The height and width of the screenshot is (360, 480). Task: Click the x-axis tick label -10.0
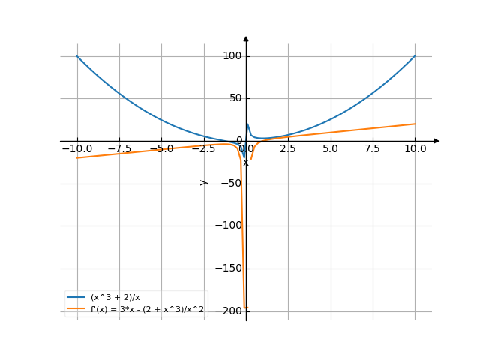(76, 149)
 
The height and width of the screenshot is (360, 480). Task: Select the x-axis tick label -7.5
(118, 149)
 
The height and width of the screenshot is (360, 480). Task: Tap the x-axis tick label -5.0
(161, 149)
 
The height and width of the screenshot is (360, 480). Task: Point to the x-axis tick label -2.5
(203, 149)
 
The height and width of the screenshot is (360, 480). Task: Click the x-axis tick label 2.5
(288, 149)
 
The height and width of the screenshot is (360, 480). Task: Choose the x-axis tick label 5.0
(330, 149)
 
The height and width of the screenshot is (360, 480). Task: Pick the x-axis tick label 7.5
(373, 149)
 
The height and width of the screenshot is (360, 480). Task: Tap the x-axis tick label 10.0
(415, 149)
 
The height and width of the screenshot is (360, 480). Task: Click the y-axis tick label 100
(232, 56)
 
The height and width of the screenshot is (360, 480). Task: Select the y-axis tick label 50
(235, 98)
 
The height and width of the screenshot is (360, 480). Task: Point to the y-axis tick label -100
(229, 226)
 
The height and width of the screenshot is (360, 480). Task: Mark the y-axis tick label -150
(229, 268)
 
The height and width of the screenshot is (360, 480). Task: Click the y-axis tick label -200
(229, 310)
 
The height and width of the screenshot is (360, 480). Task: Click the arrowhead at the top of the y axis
(246, 38)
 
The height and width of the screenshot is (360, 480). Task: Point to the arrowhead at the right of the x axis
(436, 141)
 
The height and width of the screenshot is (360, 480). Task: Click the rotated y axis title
(203, 182)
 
